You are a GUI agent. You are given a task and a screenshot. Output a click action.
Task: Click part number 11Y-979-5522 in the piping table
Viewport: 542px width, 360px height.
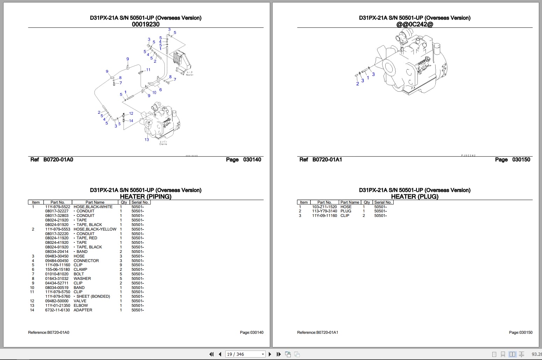(x=57, y=207)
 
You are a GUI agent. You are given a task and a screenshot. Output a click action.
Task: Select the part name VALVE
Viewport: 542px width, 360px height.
(x=80, y=301)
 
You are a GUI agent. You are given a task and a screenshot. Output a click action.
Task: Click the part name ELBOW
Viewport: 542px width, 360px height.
(x=80, y=305)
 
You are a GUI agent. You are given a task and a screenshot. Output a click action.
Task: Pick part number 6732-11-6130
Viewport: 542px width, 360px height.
(x=57, y=310)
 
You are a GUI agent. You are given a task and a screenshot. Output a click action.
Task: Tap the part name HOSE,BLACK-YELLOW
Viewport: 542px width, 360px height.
(x=95, y=229)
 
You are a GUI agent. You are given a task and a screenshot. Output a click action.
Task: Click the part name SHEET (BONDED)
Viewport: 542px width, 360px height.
(x=93, y=296)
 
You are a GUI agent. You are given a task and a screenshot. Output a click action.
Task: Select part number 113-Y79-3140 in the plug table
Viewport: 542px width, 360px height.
(x=324, y=211)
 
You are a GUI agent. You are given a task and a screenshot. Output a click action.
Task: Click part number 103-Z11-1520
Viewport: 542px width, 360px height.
(x=324, y=207)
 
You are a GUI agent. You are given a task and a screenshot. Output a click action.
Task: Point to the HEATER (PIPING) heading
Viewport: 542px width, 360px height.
(x=146, y=197)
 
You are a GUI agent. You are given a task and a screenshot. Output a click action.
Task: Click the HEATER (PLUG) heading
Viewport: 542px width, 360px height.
(x=415, y=197)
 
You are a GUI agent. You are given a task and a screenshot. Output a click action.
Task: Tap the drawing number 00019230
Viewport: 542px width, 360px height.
(x=146, y=24)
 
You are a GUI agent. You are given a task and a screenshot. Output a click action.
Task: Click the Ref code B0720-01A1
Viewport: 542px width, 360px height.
(x=327, y=160)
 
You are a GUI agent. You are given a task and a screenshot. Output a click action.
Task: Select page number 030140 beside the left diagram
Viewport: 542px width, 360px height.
(x=252, y=160)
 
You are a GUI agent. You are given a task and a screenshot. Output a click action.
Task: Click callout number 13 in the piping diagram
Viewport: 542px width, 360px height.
(x=147, y=140)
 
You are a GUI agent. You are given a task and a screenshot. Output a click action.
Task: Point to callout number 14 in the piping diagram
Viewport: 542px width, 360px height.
(x=131, y=121)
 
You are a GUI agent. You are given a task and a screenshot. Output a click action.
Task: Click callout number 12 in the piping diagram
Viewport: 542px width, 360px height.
(x=131, y=113)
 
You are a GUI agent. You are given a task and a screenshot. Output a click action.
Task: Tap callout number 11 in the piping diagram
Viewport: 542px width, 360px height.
(x=148, y=70)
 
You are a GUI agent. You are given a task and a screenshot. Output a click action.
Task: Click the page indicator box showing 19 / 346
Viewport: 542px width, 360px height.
(x=245, y=354)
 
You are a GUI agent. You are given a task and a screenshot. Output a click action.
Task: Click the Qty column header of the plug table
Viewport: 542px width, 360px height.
(x=367, y=202)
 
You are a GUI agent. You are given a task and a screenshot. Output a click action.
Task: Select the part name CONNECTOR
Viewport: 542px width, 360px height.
(x=86, y=261)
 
